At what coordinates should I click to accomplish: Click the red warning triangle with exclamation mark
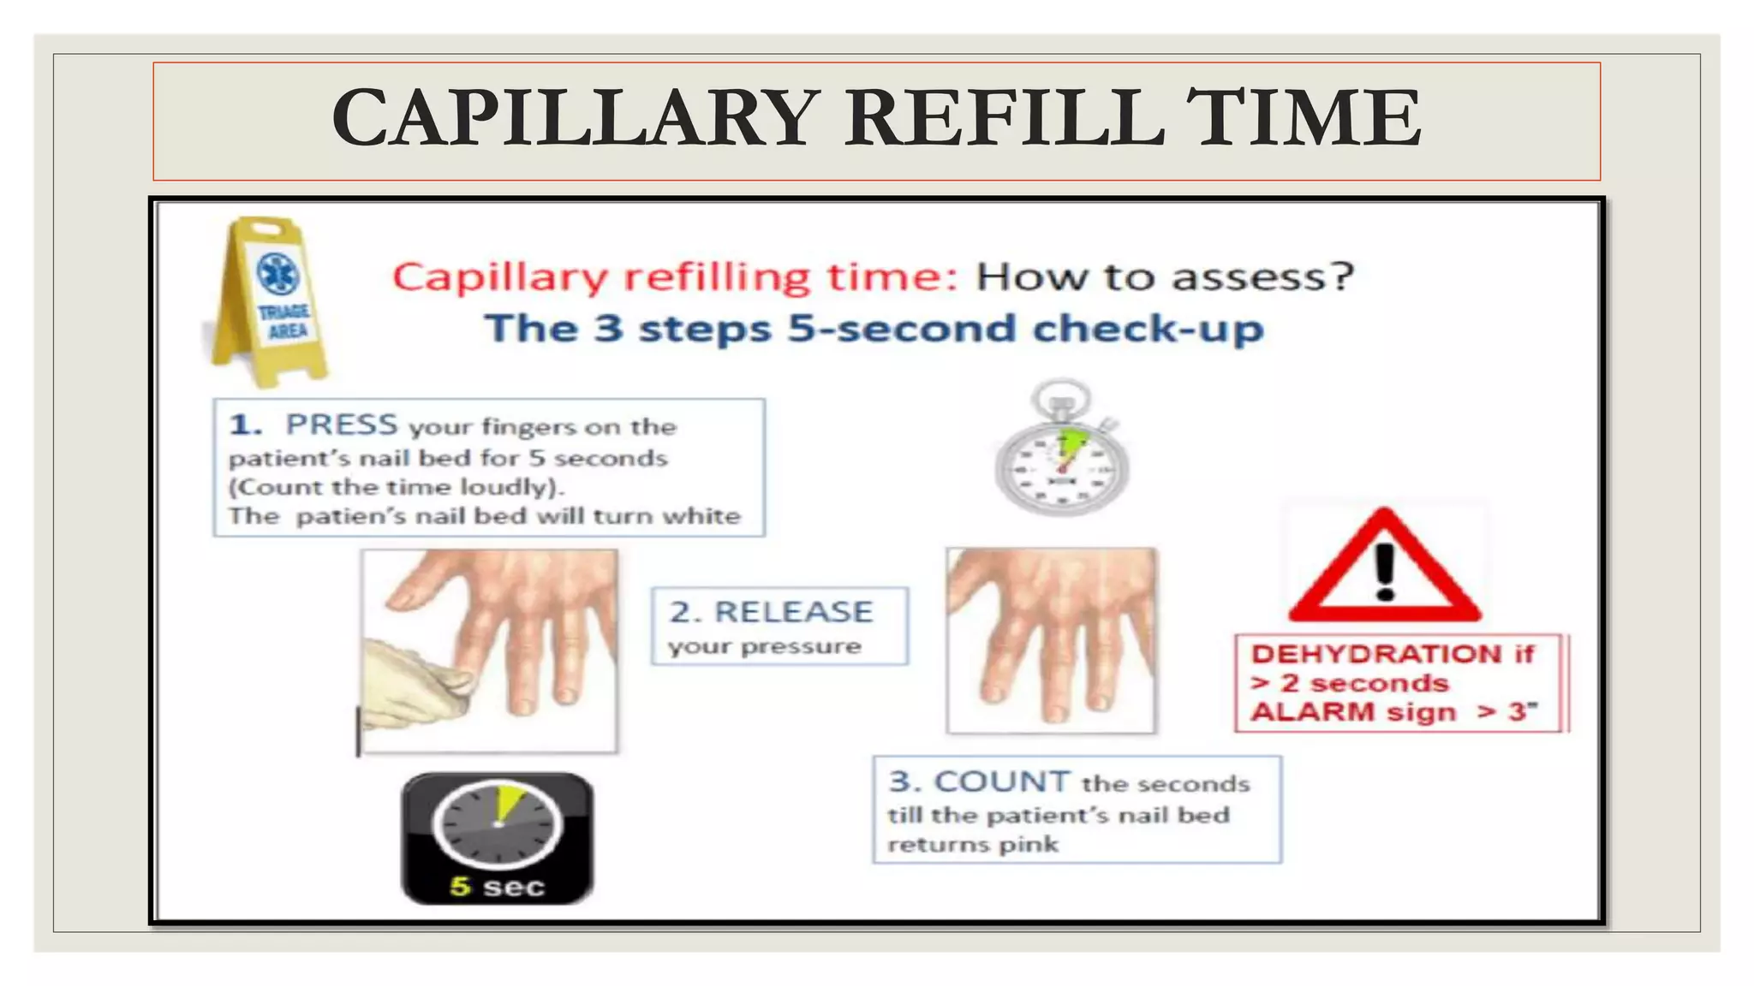pyautogui.click(x=1384, y=568)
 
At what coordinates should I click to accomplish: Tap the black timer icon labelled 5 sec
pyautogui.click(x=498, y=839)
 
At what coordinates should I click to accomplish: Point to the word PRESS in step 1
pyautogui.click(x=342, y=425)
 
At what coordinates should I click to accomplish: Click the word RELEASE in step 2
pyautogui.click(x=793, y=612)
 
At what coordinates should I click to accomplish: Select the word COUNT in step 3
pyautogui.click(x=1001, y=782)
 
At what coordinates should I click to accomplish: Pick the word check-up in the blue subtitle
pyautogui.click(x=1148, y=330)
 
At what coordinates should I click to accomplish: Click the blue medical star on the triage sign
pyautogui.click(x=279, y=275)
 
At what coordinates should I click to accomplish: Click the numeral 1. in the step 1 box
pyautogui.click(x=245, y=425)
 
